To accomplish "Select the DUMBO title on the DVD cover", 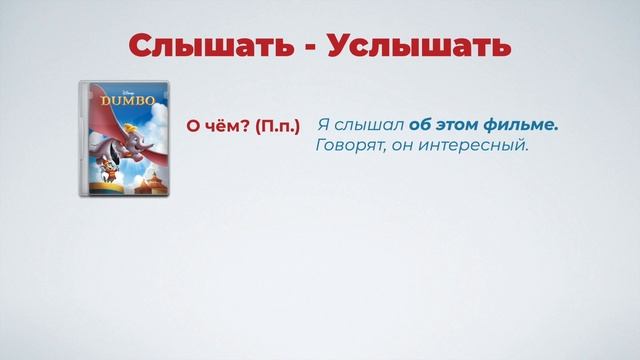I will point(121,102).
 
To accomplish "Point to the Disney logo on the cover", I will point(121,90).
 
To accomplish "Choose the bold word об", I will point(421,126).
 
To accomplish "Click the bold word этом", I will point(459,126).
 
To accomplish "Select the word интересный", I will point(472,147).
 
